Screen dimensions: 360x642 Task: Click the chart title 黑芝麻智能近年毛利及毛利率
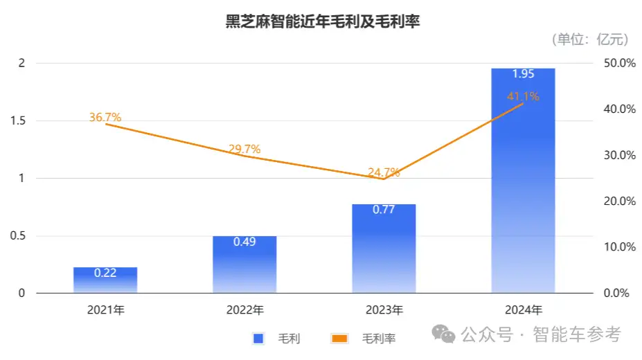tap(323, 21)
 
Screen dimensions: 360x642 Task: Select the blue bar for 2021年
tap(105, 280)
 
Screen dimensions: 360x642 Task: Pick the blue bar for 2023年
tap(384, 249)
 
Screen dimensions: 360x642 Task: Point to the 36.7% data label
tap(105, 118)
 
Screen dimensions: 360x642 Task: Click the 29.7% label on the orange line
tap(244, 149)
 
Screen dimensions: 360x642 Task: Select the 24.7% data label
tap(384, 172)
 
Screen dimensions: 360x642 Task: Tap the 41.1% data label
tap(523, 97)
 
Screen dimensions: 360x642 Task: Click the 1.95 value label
tap(523, 73)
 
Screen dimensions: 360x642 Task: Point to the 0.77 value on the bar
tap(384, 209)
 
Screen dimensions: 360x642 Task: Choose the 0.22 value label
tap(105, 273)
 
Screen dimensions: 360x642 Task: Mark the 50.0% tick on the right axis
tap(619, 63)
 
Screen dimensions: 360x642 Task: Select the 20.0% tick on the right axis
tap(619, 201)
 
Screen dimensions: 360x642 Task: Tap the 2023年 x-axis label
tap(384, 309)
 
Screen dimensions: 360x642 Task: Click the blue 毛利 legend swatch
tap(259, 339)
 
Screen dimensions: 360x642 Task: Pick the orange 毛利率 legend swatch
tap(339, 339)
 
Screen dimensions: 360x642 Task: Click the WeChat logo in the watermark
tap(444, 334)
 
